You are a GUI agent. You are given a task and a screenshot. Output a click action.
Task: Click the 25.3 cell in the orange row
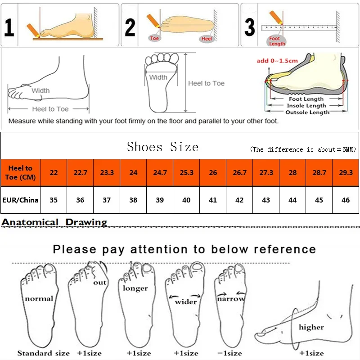[186, 172]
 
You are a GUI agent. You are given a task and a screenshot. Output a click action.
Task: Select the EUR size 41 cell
[213, 200]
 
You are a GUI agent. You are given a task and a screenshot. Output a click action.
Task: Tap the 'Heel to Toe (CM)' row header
[20, 172]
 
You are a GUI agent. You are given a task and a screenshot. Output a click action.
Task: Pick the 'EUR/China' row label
[20, 200]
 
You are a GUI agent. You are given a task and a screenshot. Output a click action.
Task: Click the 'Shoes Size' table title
[162, 147]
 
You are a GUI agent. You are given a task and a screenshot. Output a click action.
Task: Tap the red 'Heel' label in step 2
[207, 39]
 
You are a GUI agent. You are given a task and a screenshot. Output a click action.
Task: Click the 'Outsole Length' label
[307, 112]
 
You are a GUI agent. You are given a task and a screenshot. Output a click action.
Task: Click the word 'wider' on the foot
[185, 301]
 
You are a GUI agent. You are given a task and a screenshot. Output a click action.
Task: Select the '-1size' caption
[230, 353]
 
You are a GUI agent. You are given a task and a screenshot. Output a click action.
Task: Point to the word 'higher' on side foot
[311, 327]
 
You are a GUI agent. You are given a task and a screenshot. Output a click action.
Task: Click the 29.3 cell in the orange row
[346, 172]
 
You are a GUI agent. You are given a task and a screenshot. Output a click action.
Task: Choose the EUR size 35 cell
[54, 200]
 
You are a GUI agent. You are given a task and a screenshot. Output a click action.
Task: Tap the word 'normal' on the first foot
[39, 298]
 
